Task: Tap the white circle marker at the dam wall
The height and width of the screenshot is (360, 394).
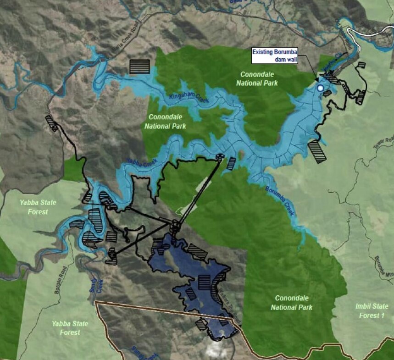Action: click(x=320, y=88)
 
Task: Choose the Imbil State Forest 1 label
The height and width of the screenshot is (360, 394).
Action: click(x=370, y=310)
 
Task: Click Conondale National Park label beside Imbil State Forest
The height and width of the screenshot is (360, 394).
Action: click(x=292, y=303)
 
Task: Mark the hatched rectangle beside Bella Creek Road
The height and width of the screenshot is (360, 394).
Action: click(x=139, y=67)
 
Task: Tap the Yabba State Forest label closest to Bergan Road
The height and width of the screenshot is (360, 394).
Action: click(x=70, y=327)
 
